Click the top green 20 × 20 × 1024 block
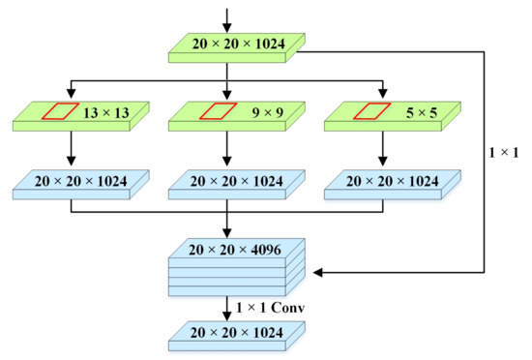(227, 46)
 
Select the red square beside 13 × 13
(55, 113)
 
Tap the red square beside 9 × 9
(211, 113)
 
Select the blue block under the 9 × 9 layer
(227, 182)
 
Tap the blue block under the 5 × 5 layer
(382, 182)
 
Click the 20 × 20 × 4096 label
(227, 250)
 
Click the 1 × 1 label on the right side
(505, 151)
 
